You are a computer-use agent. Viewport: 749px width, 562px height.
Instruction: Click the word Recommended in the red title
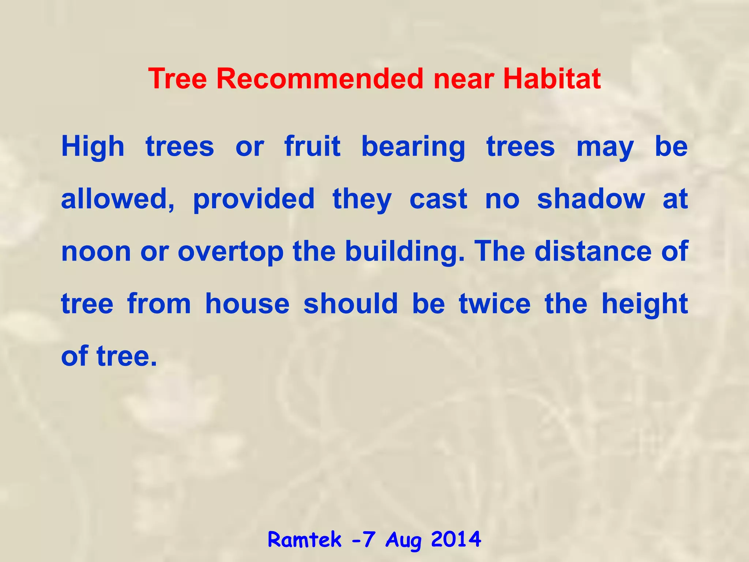click(x=320, y=79)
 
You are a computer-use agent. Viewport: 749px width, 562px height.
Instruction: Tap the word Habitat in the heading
click(x=552, y=79)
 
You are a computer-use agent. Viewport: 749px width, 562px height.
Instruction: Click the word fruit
click(x=312, y=146)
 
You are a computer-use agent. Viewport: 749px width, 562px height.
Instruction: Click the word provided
click(x=254, y=200)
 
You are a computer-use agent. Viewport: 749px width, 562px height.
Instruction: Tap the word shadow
click(x=591, y=199)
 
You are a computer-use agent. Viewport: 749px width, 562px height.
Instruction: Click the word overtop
click(x=230, y=252)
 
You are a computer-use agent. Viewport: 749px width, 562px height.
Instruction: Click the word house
click(x=247, y=304)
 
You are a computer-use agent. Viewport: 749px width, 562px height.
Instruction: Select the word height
click(x=644, y=305)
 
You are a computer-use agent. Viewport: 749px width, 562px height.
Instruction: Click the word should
click(x=350, y=304)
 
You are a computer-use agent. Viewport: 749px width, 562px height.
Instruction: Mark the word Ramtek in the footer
click(x=305, y=540)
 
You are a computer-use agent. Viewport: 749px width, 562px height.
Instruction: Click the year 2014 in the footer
click(x=456, y=539)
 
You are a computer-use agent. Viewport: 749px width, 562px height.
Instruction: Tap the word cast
click(x=438, y=199)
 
